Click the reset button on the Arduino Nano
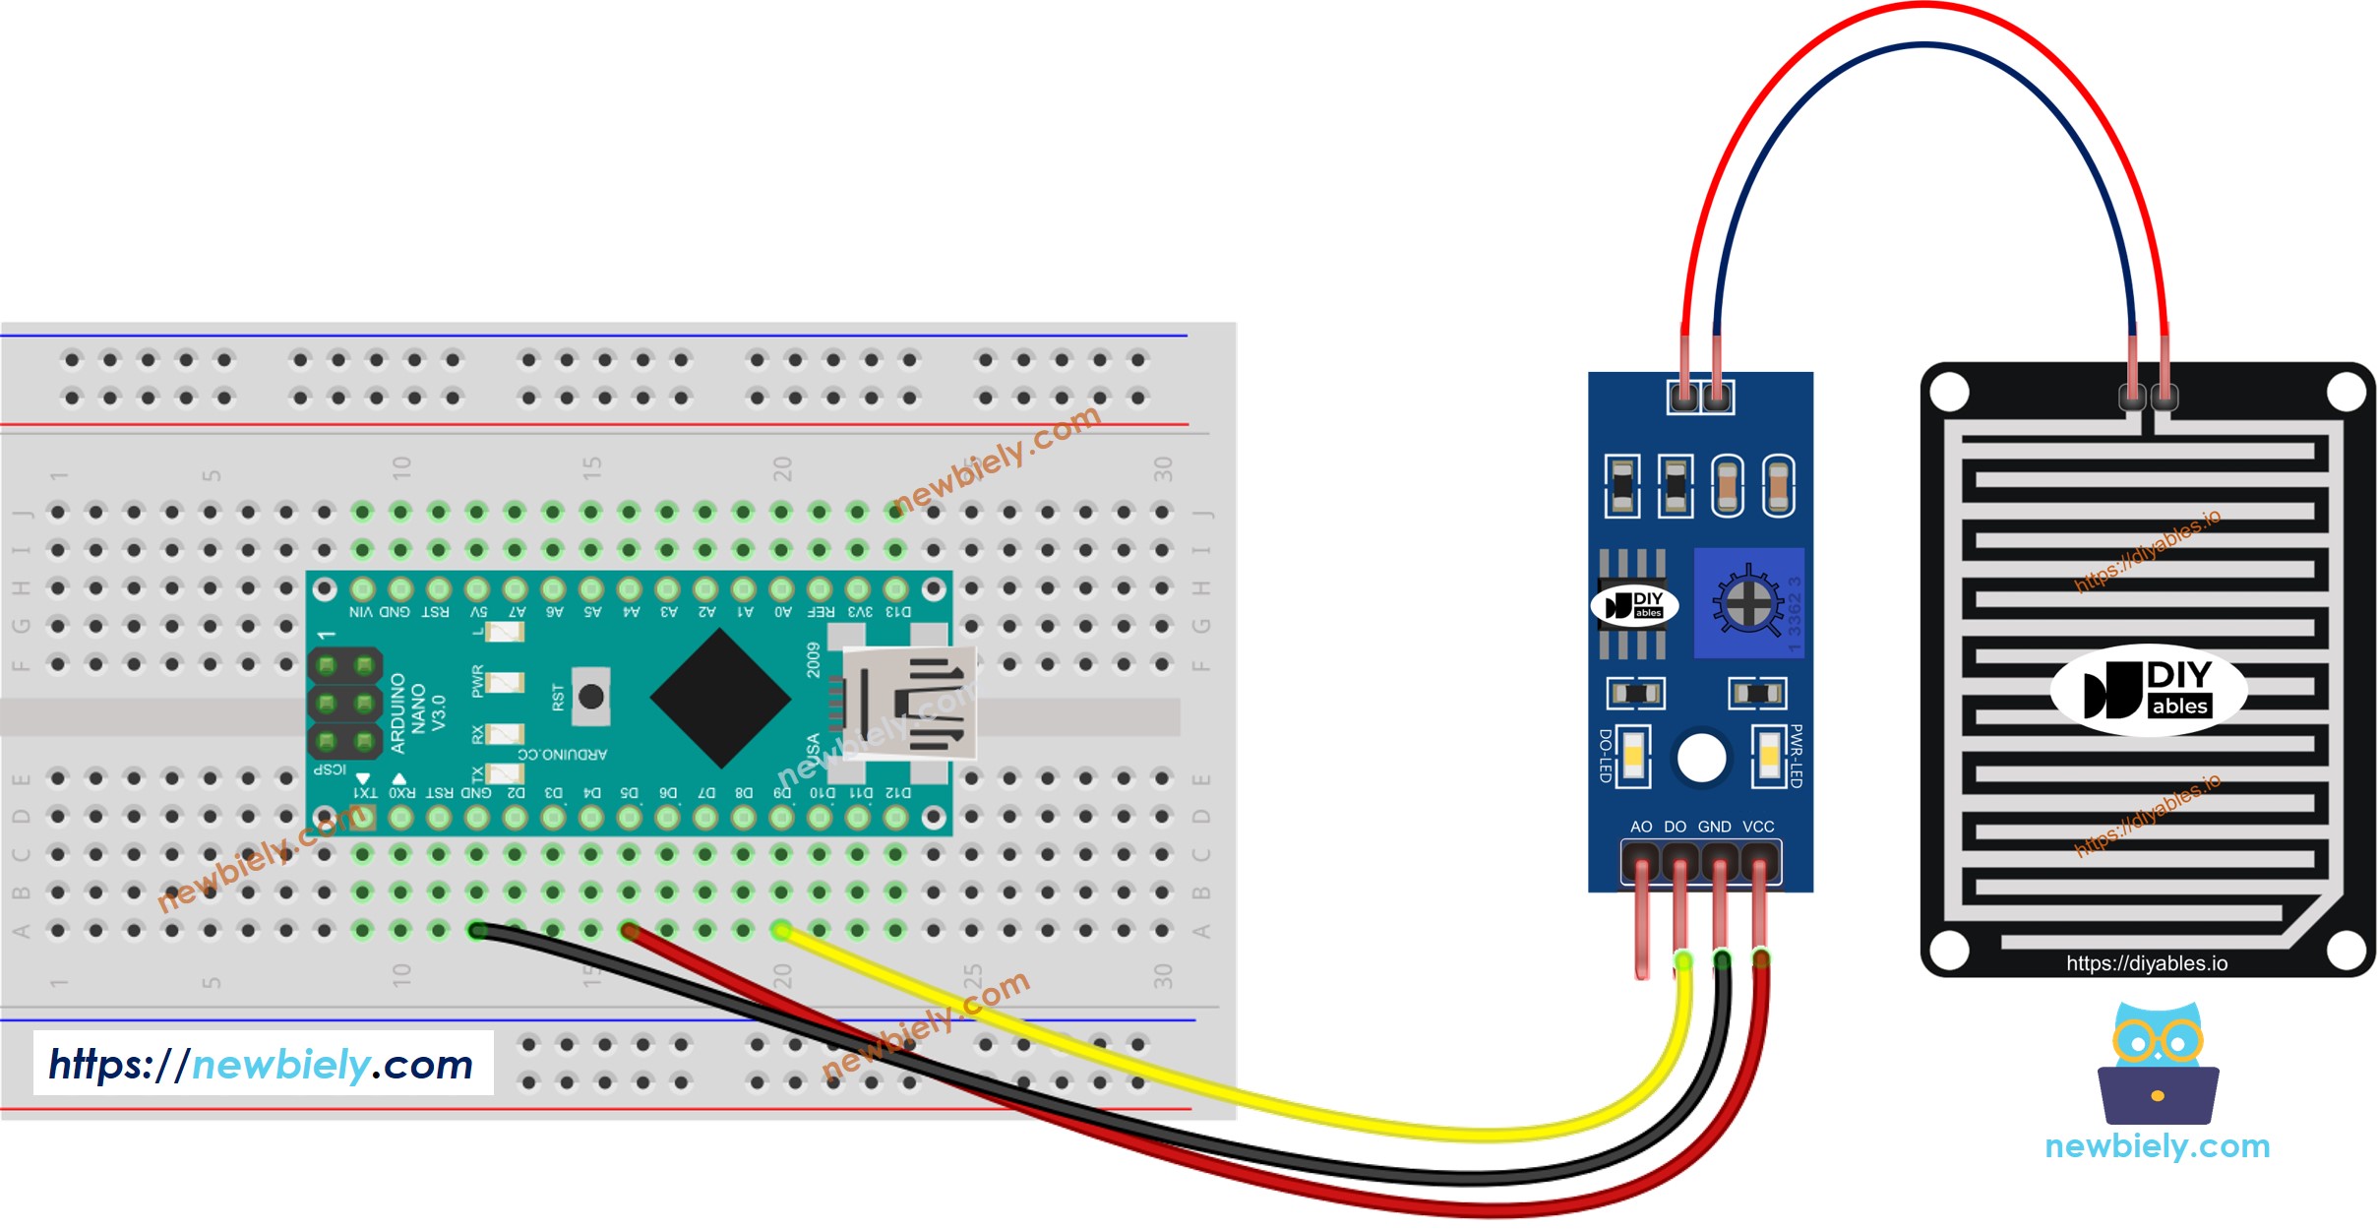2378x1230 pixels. pyautogui.click(x=590, y=697)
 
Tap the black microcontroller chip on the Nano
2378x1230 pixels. pyautogui.click(x=721, y=699)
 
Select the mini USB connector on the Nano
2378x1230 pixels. pyautogui.click(x=910, y=703)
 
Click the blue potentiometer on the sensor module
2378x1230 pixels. pyautogui.click(x=1747, y=603)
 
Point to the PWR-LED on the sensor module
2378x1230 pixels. pyautogui.click(x=1769, y=756)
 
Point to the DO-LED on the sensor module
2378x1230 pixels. pyautogui.click(x=1633, y=756)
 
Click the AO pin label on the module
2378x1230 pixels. pyautogui.click(x=1641, y=827)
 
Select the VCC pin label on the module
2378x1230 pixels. pyautogui.click(x=1758, y=827)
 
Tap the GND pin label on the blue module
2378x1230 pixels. pyautogui.click(x=1715, y=827)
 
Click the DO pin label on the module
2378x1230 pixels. pyautogui.click(x=1676, y=827)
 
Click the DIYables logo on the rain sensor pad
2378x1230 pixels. pyautogui.click(x=2148, y=690)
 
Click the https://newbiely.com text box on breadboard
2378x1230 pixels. pyautogui.click(x=263, y=1064)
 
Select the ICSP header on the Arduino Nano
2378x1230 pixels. pyautogui.click(x=345, y=704)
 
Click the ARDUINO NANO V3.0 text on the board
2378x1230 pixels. pyautogui.click(x=418, y=712)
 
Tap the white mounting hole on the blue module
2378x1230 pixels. pyautogui.click(x=1701, y=759)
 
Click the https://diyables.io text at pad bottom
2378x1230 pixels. pyautogui.click(x=2146, y=963)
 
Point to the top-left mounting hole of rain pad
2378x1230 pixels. pyautogui.click(x=1949, y=393)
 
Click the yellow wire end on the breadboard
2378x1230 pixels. pyautogui.click(x=781, y=930)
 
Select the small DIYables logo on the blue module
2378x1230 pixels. pyautogui.click(x=1634, y=605)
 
